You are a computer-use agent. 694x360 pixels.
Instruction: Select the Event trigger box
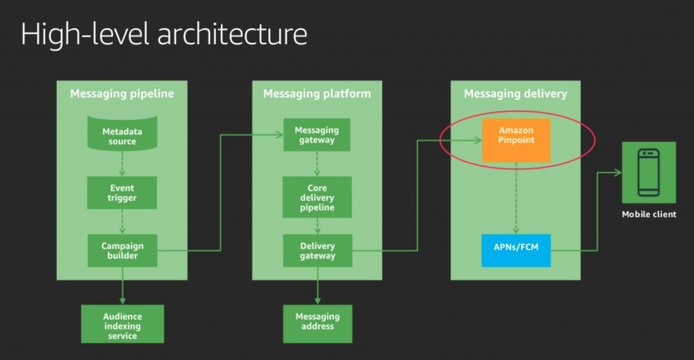coord(122,193)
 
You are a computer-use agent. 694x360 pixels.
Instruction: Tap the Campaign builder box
coord(122,250)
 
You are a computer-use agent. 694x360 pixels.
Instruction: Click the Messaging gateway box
coord(317,135)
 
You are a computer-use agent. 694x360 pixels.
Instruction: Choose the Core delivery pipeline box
coord(317,197)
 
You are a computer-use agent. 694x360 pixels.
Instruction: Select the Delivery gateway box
coord(317,250)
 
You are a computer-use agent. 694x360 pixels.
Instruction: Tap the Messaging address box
coord(317,322)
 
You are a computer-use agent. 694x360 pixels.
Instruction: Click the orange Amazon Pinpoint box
coord(516,140)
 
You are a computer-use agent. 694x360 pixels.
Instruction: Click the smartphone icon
coord(649,172)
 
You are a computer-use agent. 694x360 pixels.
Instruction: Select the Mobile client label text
coord(649,215)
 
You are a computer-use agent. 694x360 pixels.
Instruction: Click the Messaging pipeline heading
coord(122,94)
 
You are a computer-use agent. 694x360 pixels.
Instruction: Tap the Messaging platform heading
coord(317,94)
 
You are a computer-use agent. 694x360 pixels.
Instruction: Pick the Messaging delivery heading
coord(516,94)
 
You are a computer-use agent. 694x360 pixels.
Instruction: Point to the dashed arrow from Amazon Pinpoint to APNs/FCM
coord(516,197)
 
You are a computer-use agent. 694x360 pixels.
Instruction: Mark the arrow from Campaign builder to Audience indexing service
coord(122,285)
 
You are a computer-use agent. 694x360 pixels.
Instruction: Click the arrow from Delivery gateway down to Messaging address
coord(317,285)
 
